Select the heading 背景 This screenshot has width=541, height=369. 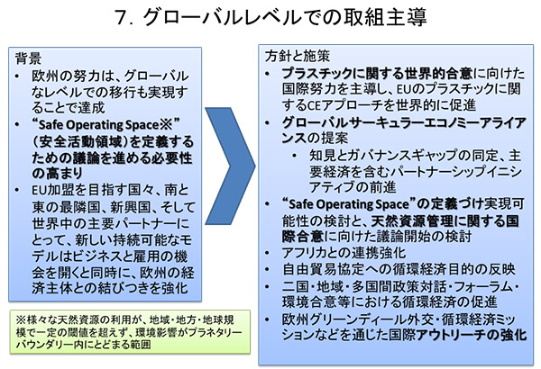point(28,58)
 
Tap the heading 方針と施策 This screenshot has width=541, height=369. point(298,56)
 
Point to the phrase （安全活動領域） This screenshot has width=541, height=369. point(80,141)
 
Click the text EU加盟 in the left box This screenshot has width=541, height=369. point(50,190)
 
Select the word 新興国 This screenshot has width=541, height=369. point(131,207)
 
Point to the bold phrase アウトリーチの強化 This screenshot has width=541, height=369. point(472,335)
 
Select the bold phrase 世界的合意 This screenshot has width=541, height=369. point(438,73)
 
